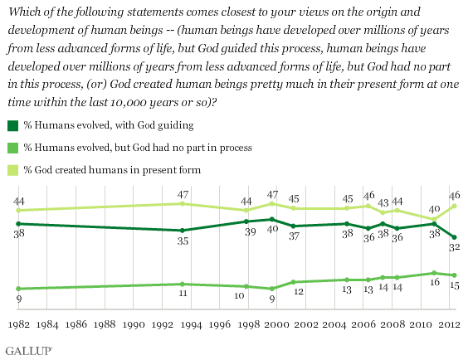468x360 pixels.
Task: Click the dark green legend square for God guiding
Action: click(12, 125)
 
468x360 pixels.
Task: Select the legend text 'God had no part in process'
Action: click(193, 148)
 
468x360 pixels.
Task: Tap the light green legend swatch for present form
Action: click(12, 170)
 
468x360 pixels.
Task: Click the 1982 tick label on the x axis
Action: click(18, 324)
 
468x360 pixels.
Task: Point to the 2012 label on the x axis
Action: click(449, 324)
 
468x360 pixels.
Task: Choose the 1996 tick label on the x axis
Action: click(220, 324)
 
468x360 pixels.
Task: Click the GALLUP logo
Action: click(29, 351)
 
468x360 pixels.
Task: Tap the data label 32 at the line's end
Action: click(455, 247)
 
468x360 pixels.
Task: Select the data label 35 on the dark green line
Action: click(183, 241)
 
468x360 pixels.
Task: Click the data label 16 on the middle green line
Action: click(435, 282)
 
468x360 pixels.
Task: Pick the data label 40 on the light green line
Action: click(435, 210)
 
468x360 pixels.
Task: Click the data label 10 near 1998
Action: click(239, 295)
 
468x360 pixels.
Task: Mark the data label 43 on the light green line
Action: click(383, 203)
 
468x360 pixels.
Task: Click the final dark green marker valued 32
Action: click(455, 237)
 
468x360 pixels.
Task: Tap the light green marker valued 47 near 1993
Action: click(182, 204)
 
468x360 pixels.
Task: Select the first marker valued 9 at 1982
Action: click(18, 289)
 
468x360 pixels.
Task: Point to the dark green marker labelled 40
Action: click(272, 219)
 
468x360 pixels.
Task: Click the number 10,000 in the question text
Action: click(129, 103)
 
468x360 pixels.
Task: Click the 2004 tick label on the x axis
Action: click(334, 324)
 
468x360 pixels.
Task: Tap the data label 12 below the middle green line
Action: click(299, 291)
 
